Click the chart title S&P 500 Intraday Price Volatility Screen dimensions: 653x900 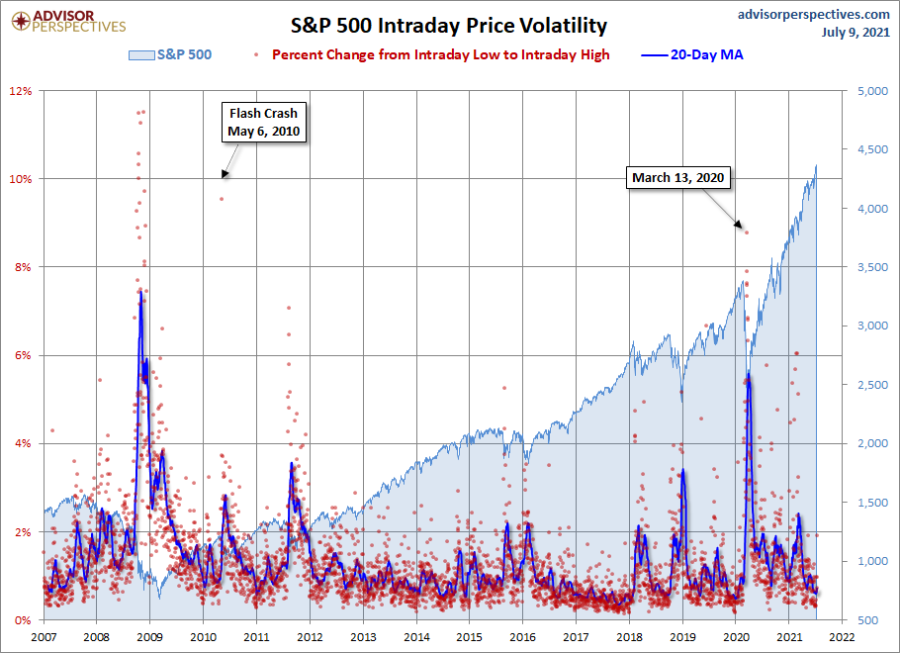tap(449, 25)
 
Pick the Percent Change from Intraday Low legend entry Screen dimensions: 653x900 tap(440, 54)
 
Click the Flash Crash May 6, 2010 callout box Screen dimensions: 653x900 tap(263, 122)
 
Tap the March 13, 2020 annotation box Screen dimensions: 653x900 tap(678, 178)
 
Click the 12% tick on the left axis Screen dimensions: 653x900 tap(21, 91)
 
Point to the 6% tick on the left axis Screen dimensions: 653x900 tap(24, 355)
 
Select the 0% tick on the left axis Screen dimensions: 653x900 tap(24, 620)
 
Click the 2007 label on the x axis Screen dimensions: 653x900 tap(45, 637)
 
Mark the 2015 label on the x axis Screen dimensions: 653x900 tap(470, 637)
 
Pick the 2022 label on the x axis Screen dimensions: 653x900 tap(843, 637)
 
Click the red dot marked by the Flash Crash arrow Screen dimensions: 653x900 tap(222, 199)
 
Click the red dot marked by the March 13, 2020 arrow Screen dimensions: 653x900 tap(747, 233)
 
